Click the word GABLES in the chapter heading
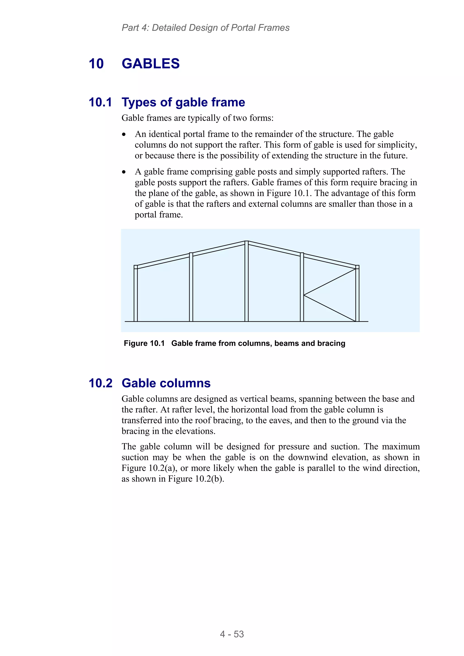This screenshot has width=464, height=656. tap(150, 63)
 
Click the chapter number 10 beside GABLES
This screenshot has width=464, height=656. tap(96, 63)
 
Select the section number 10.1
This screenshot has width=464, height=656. tap(100, 102)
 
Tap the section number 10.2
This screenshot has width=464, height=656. tap(100, 383)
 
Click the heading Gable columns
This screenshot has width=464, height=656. tap(166, 383)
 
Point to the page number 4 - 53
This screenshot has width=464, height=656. tap(232, 634)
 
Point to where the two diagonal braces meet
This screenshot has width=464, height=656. tap(304, 295)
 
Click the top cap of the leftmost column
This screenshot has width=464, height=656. tap(135, 267)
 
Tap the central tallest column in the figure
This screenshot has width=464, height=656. tap(246, 283)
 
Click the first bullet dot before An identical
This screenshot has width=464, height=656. tap(124, 135)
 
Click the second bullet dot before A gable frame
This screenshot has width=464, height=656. tap(124, 172)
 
